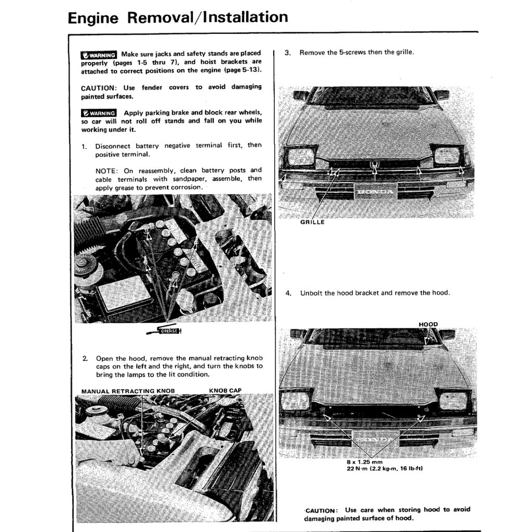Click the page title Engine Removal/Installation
point(178,18)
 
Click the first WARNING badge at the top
point(99,55)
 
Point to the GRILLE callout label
point(312,222)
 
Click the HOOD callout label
point(428,325)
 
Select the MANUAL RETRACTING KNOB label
point(128,391)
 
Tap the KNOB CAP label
point(225,391)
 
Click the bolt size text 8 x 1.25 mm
point(364,462)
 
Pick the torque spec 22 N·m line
point(385,469)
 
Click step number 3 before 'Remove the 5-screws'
point(288,53)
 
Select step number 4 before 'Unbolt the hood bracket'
point(288,293)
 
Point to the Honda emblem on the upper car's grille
point(374,166)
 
